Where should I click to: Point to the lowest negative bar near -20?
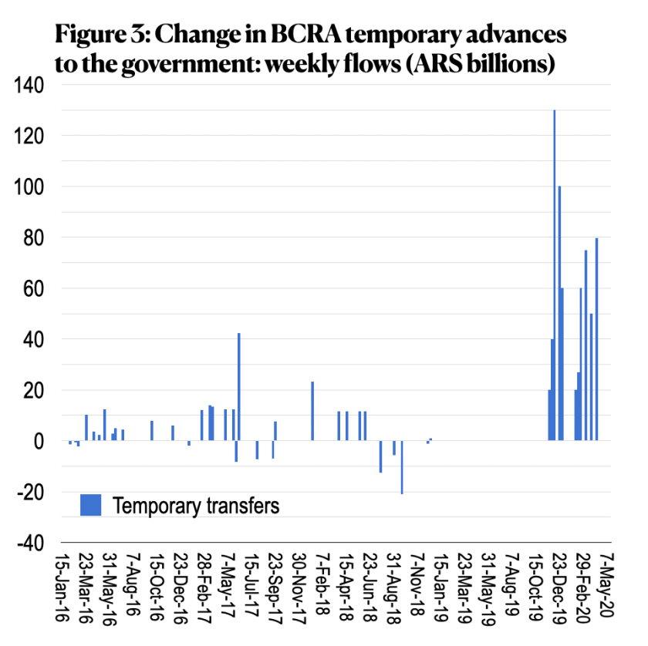402,467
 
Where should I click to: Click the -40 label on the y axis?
31,543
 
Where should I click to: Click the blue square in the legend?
91,505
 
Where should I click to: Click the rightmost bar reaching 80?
596,339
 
